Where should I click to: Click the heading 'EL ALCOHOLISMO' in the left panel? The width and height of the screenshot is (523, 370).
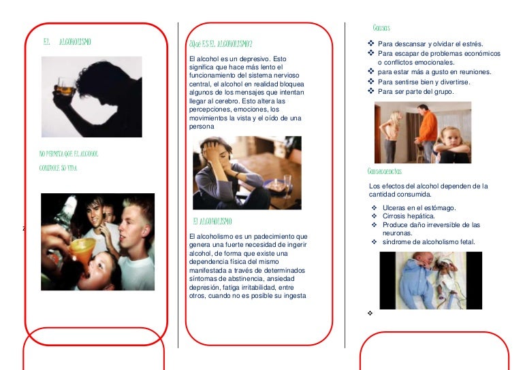[67, 42]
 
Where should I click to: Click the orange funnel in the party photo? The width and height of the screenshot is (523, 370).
[82, 246]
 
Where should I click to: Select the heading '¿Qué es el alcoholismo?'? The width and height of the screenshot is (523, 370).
[221, 44]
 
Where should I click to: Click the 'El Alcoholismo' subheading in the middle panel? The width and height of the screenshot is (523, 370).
[212, 222]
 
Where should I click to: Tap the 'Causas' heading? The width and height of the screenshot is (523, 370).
[381, 28]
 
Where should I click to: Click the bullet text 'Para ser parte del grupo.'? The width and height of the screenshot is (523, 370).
[415, 91]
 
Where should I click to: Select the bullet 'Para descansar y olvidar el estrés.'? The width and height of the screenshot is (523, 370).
[430, 44]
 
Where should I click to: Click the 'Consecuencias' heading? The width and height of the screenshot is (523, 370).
[384, 171]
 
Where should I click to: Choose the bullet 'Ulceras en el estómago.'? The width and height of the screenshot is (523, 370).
[419, 207]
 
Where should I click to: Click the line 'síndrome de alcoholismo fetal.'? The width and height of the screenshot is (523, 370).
[428, 242]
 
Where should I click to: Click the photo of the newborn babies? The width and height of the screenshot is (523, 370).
[430, 280]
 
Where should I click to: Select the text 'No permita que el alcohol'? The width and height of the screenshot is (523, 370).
[69, 154]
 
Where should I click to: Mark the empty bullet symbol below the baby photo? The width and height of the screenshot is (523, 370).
[370, 314]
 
